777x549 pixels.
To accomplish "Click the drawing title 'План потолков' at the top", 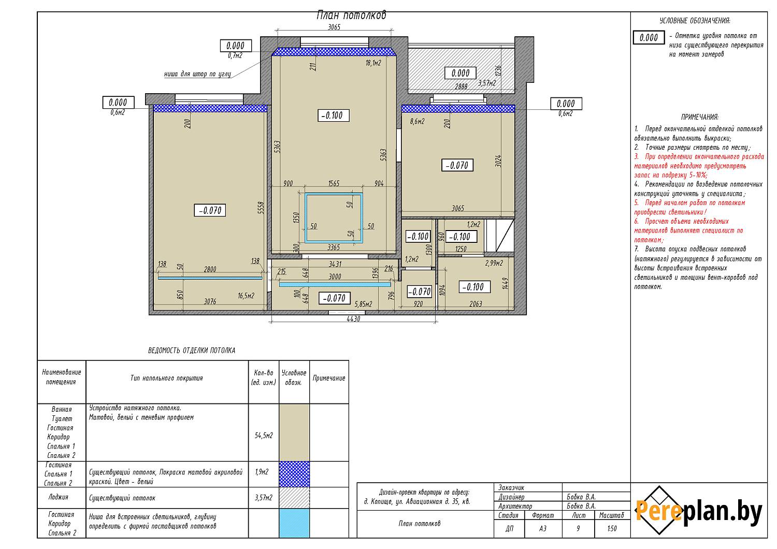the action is point(351,15).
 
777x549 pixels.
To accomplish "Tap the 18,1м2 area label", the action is point(373,63).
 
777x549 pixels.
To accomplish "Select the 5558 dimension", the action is point(261,208).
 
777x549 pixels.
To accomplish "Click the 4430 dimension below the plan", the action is point(353,319).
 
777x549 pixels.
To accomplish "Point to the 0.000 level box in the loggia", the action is point(461,73).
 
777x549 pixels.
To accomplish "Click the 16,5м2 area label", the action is point(246,296).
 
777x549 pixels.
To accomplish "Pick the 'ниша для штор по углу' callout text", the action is point(197,74).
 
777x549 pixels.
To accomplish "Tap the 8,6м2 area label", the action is point(418,121).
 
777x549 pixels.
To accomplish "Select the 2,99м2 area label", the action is point(494,263).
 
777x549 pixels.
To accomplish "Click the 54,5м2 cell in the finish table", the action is point(264,436).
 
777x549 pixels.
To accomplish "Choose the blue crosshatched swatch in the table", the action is point(294,474).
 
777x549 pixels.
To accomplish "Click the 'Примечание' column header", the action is point(329,379).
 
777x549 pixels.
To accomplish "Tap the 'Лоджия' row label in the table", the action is point(58,497).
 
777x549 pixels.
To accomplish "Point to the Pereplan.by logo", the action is point(698,511).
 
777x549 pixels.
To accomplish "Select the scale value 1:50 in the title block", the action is point(612,529).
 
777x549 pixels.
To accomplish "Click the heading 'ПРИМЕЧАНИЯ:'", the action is point(700,117).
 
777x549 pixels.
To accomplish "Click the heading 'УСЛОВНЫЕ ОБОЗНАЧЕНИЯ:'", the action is point(695,21).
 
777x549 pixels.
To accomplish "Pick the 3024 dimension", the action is point(498,161).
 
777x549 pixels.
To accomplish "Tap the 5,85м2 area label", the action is point(363,304).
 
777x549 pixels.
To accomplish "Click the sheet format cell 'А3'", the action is point(543,529).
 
